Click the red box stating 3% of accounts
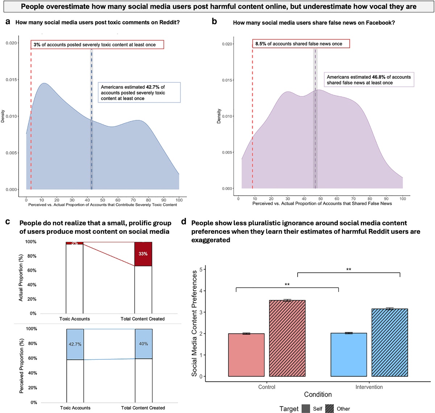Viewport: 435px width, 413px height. [97, 45]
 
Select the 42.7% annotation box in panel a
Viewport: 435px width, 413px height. [139, 92]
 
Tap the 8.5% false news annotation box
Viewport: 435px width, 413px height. [301, 44]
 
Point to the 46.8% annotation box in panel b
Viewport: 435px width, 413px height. [369, 80]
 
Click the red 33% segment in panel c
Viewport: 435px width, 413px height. [143, 254]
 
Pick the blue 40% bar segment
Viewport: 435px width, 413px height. [144, 344]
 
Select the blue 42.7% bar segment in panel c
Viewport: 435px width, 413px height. [75, 344]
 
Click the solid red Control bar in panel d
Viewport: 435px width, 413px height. [246, 355]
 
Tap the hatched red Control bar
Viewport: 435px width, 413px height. [287, 338]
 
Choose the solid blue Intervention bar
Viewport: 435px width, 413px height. [349, 355]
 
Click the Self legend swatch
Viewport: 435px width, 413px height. [306, 409]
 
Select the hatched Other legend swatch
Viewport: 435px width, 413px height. [330, 409]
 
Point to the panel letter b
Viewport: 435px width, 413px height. [214, 22]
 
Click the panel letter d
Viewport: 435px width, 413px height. [184, 222]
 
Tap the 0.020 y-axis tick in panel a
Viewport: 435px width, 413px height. [11, 43]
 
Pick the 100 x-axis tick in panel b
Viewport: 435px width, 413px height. [403, 199]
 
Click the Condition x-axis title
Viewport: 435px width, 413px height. [318, 395]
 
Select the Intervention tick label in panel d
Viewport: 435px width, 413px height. [369, 387]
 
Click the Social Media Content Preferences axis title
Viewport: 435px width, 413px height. [195, 323]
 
